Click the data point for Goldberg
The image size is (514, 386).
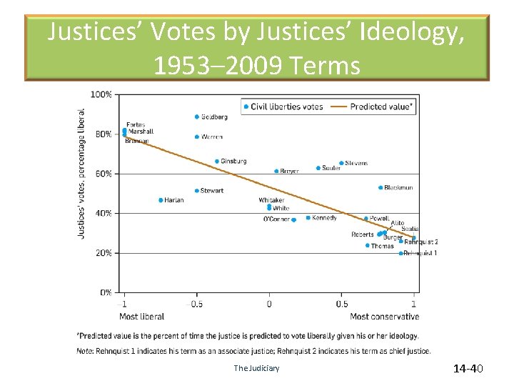point(197,117)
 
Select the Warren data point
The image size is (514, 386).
point(197,137)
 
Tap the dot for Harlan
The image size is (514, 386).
point(161,200)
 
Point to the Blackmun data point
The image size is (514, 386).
point(381,188)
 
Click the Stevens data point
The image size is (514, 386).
point(341,163)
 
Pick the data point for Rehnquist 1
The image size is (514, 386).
point(400,253)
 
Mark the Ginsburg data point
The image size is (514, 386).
point(217,162)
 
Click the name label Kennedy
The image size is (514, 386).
point(324,217)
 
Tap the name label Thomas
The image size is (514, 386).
point(382,246)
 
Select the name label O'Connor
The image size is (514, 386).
point(276,219)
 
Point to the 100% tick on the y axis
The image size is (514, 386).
point(101,94)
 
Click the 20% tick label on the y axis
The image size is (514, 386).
point(103,253)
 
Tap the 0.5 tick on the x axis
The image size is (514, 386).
point(341,304)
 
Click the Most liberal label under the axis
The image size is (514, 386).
point(141,316)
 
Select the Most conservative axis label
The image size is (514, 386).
point(384,316)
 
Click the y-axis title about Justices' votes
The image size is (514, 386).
point(81,173)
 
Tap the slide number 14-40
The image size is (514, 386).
point(468,369)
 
